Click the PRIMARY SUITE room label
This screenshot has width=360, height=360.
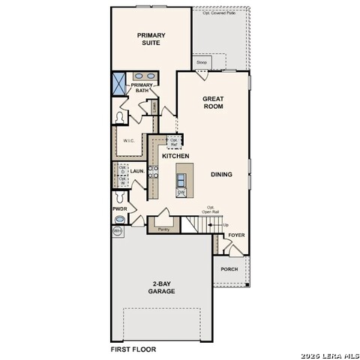(x=151, y=39)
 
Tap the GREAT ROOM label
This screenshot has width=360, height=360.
(x=213, y=103)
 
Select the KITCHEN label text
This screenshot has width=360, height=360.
(x=175, y=156)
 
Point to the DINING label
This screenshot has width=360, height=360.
(x=221, y=174)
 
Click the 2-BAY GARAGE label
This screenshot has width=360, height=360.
(x=161, y=287)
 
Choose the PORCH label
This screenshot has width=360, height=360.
(x=229, y=269)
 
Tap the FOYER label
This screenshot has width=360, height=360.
(x=237, y=235)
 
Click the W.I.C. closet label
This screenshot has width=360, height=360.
(x=128, y=139)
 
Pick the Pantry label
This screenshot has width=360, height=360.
(x=163, y=229)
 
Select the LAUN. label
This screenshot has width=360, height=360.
(x=137, y=171)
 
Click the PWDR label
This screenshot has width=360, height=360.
(x=119, y=208)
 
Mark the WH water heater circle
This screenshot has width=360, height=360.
(x=118, y=232)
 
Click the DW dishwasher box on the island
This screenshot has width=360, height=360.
(x=181, y=192)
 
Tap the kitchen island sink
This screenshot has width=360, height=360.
(x=181, y=178)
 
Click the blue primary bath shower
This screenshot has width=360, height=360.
(x=119, y=84)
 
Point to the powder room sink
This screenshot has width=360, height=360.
(x=119, y=219)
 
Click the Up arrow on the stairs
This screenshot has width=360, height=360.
(x=226, y=224)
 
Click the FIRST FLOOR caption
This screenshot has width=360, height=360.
(x=133, y=349)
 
